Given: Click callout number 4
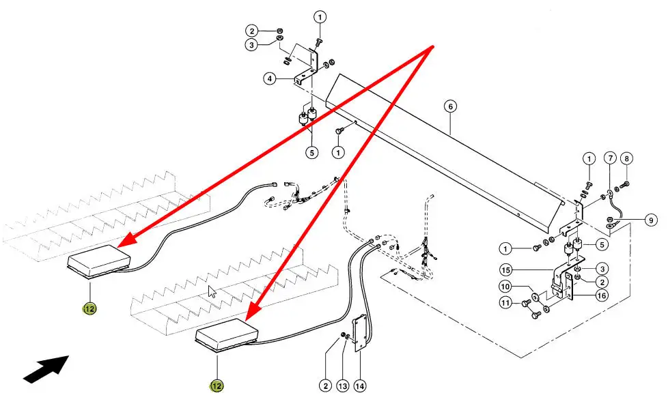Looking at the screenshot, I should coord(270,78).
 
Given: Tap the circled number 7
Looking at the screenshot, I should coord(610,159).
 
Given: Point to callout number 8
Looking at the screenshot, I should coord(627,159).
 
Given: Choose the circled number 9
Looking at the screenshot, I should coord(651,220).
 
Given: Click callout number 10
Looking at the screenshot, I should coord(524,287).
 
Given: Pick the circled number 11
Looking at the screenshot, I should coord(524,302).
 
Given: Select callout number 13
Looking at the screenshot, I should coord(343,385).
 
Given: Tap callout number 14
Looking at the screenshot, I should coord(360,385).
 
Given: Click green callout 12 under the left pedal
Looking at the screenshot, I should coord(89,309).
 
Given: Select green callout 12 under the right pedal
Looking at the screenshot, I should coord(217,385).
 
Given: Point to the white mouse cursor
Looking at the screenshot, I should coord(212,292).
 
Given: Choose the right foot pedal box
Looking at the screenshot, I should coord(226,335).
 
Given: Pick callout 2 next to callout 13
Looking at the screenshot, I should coord(326,385).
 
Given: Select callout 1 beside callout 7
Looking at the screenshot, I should coord(589,159).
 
